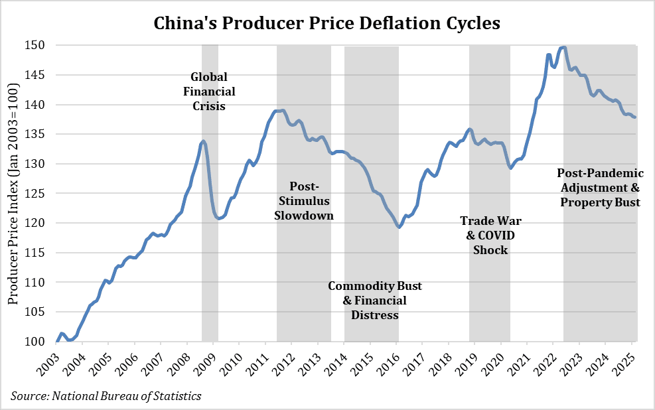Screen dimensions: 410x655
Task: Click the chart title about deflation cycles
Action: tap(327, 23)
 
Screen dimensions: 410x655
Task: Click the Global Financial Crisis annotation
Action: tap(208, 91)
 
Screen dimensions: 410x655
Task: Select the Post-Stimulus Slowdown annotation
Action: tap(304, 200)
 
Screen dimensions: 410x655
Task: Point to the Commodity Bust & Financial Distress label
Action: tap(374, 301)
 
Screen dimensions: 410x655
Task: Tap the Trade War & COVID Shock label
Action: tap(490, 236)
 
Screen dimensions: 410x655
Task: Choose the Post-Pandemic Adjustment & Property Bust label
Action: tap(600, 187)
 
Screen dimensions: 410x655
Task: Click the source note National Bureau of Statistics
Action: tap(106, 396)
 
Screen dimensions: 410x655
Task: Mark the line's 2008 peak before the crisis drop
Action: tap(203, 141)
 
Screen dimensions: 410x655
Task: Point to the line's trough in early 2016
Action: tap(398, 227)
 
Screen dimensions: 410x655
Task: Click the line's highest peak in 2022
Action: tap(563, 47)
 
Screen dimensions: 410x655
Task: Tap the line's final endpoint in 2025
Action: tap(634, 117)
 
